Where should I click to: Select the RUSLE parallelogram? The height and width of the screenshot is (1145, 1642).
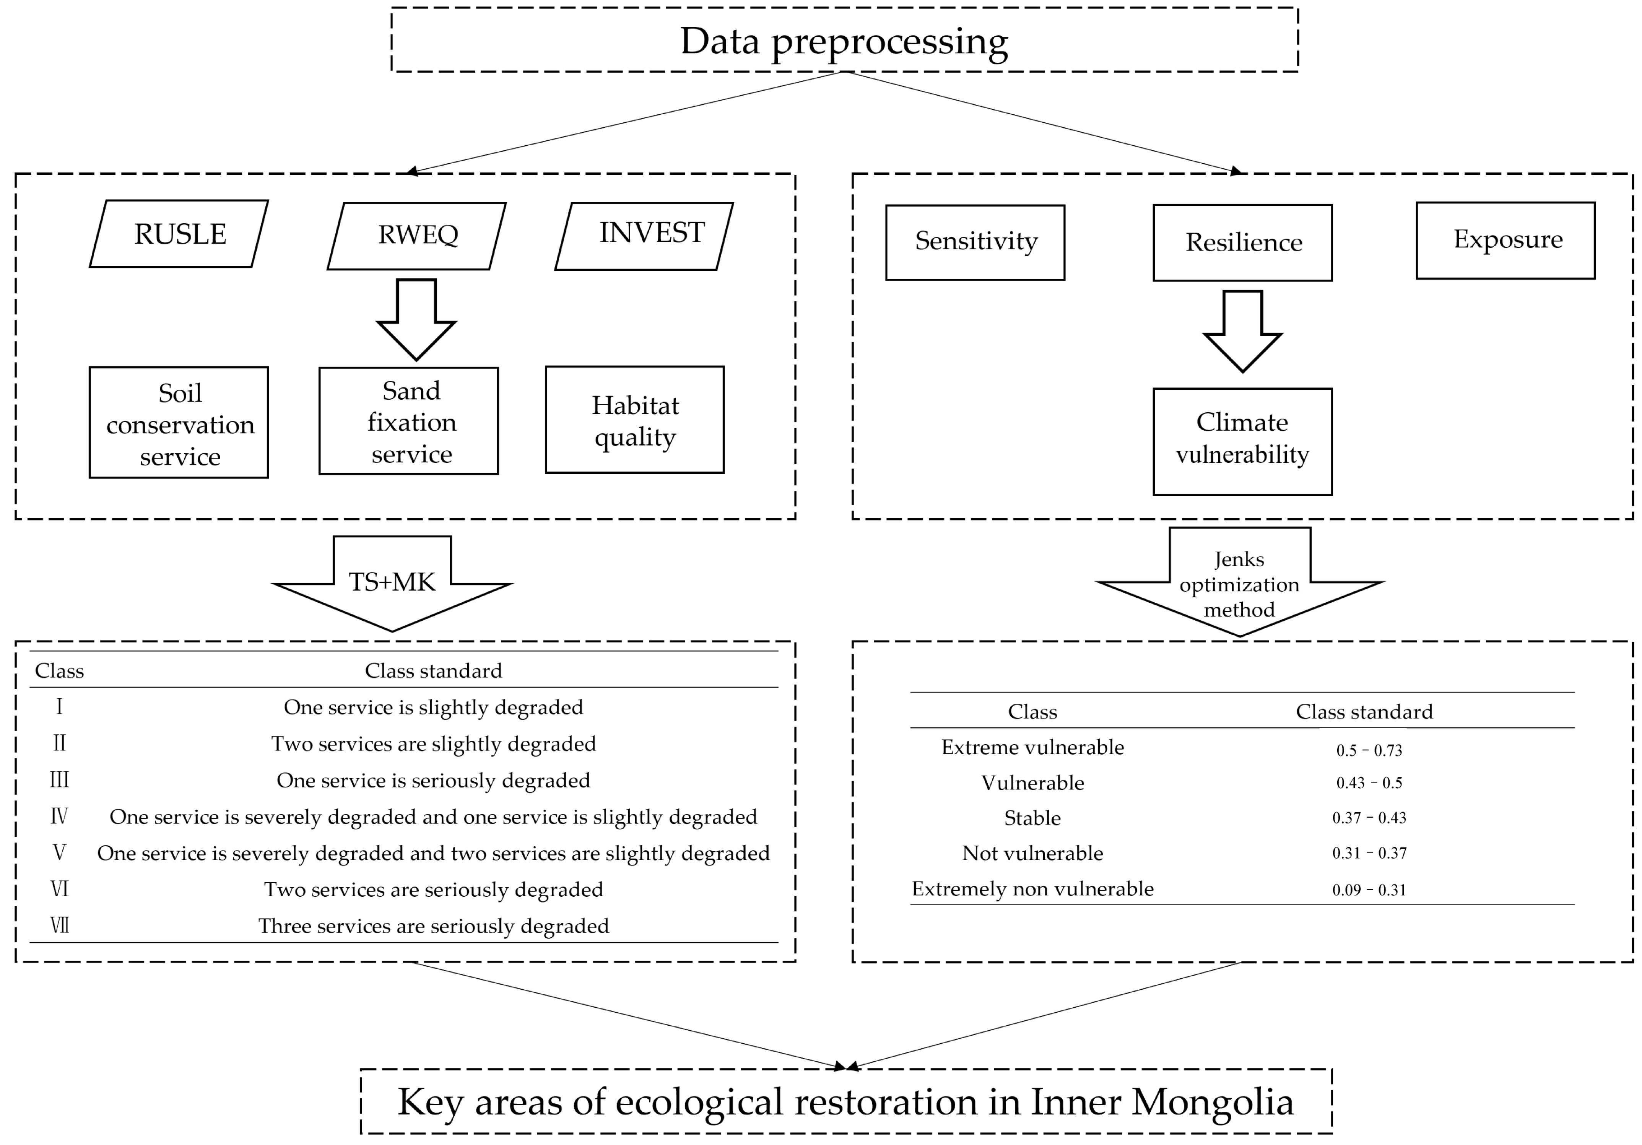click(179, 234)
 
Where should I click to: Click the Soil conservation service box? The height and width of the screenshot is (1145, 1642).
click(179, 423)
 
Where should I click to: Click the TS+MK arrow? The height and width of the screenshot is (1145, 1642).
click(392, 583)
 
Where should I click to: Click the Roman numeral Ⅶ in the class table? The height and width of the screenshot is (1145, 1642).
click(59, 925)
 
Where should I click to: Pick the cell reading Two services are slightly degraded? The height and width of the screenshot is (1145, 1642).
click(433, 744)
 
